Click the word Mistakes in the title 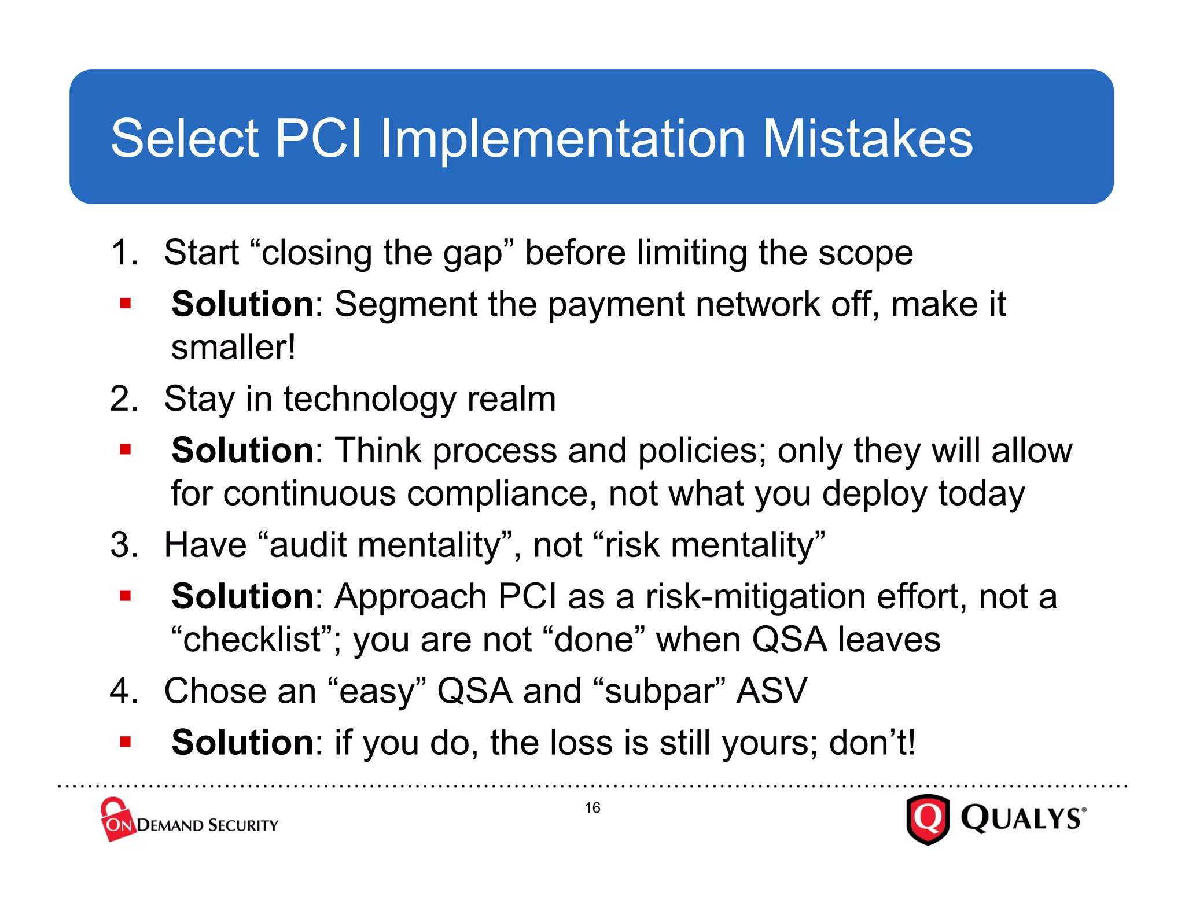[x=867, y=139]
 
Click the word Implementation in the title [x=562, y=139]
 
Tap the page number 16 [x=592, y=807]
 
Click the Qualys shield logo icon [x=928, y=820]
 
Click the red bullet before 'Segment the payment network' [x=126, y=303]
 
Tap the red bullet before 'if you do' [x=126, y=741]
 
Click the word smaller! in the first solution [x=234, y=348]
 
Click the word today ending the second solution [x=981, y=494]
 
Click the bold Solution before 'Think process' [x=242, y=450]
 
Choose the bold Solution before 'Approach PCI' [x=242, y=596]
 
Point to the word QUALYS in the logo [x=1021, y=819]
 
